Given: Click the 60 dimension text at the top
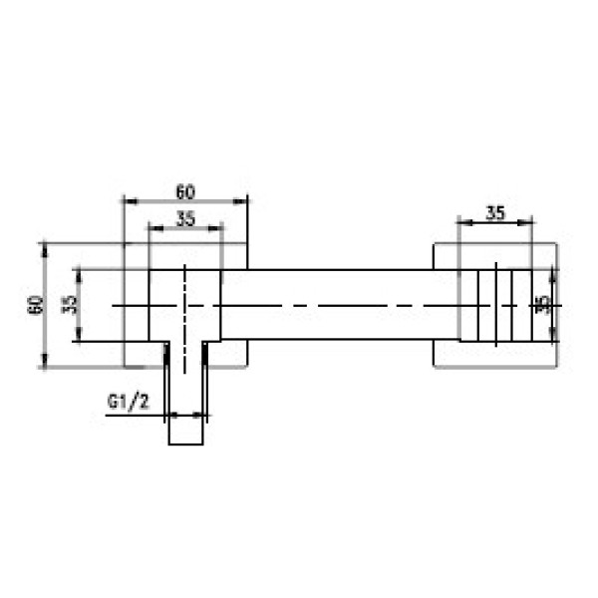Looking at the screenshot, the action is (x=185, y=191).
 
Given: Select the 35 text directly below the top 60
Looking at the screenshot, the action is (x=185, y=219).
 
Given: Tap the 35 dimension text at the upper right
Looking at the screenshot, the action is (x=495, y=213).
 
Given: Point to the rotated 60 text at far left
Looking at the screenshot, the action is (x=36, y=305).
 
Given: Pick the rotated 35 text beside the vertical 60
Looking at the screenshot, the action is (x=70, y=305).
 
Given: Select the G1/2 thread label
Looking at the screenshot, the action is (x=129, y=403).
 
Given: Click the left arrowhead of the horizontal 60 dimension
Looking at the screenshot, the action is (x=131, y=201).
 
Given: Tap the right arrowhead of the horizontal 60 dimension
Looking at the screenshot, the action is (x=240, y=201).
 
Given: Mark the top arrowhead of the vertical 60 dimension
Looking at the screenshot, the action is (x=45, y=250).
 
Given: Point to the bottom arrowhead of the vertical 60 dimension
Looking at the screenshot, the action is (x=45, y=361).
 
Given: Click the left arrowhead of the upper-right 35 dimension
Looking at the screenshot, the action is (x=464, y=222).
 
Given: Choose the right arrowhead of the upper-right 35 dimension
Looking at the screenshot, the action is (x=525, y=222).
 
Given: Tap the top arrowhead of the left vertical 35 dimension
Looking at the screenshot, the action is (x=79, y=276).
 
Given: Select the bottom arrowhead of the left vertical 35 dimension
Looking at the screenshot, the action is (x=79, y=334).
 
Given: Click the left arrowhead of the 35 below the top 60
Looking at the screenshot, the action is (x=155, y=228).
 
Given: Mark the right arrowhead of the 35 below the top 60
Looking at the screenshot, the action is (x=214, y=228).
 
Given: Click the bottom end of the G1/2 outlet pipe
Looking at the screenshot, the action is (x=186, y=445).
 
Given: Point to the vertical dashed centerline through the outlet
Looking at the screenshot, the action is (x=185, y=319).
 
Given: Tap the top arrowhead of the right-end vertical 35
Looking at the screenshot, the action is (x=552, y=277).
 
